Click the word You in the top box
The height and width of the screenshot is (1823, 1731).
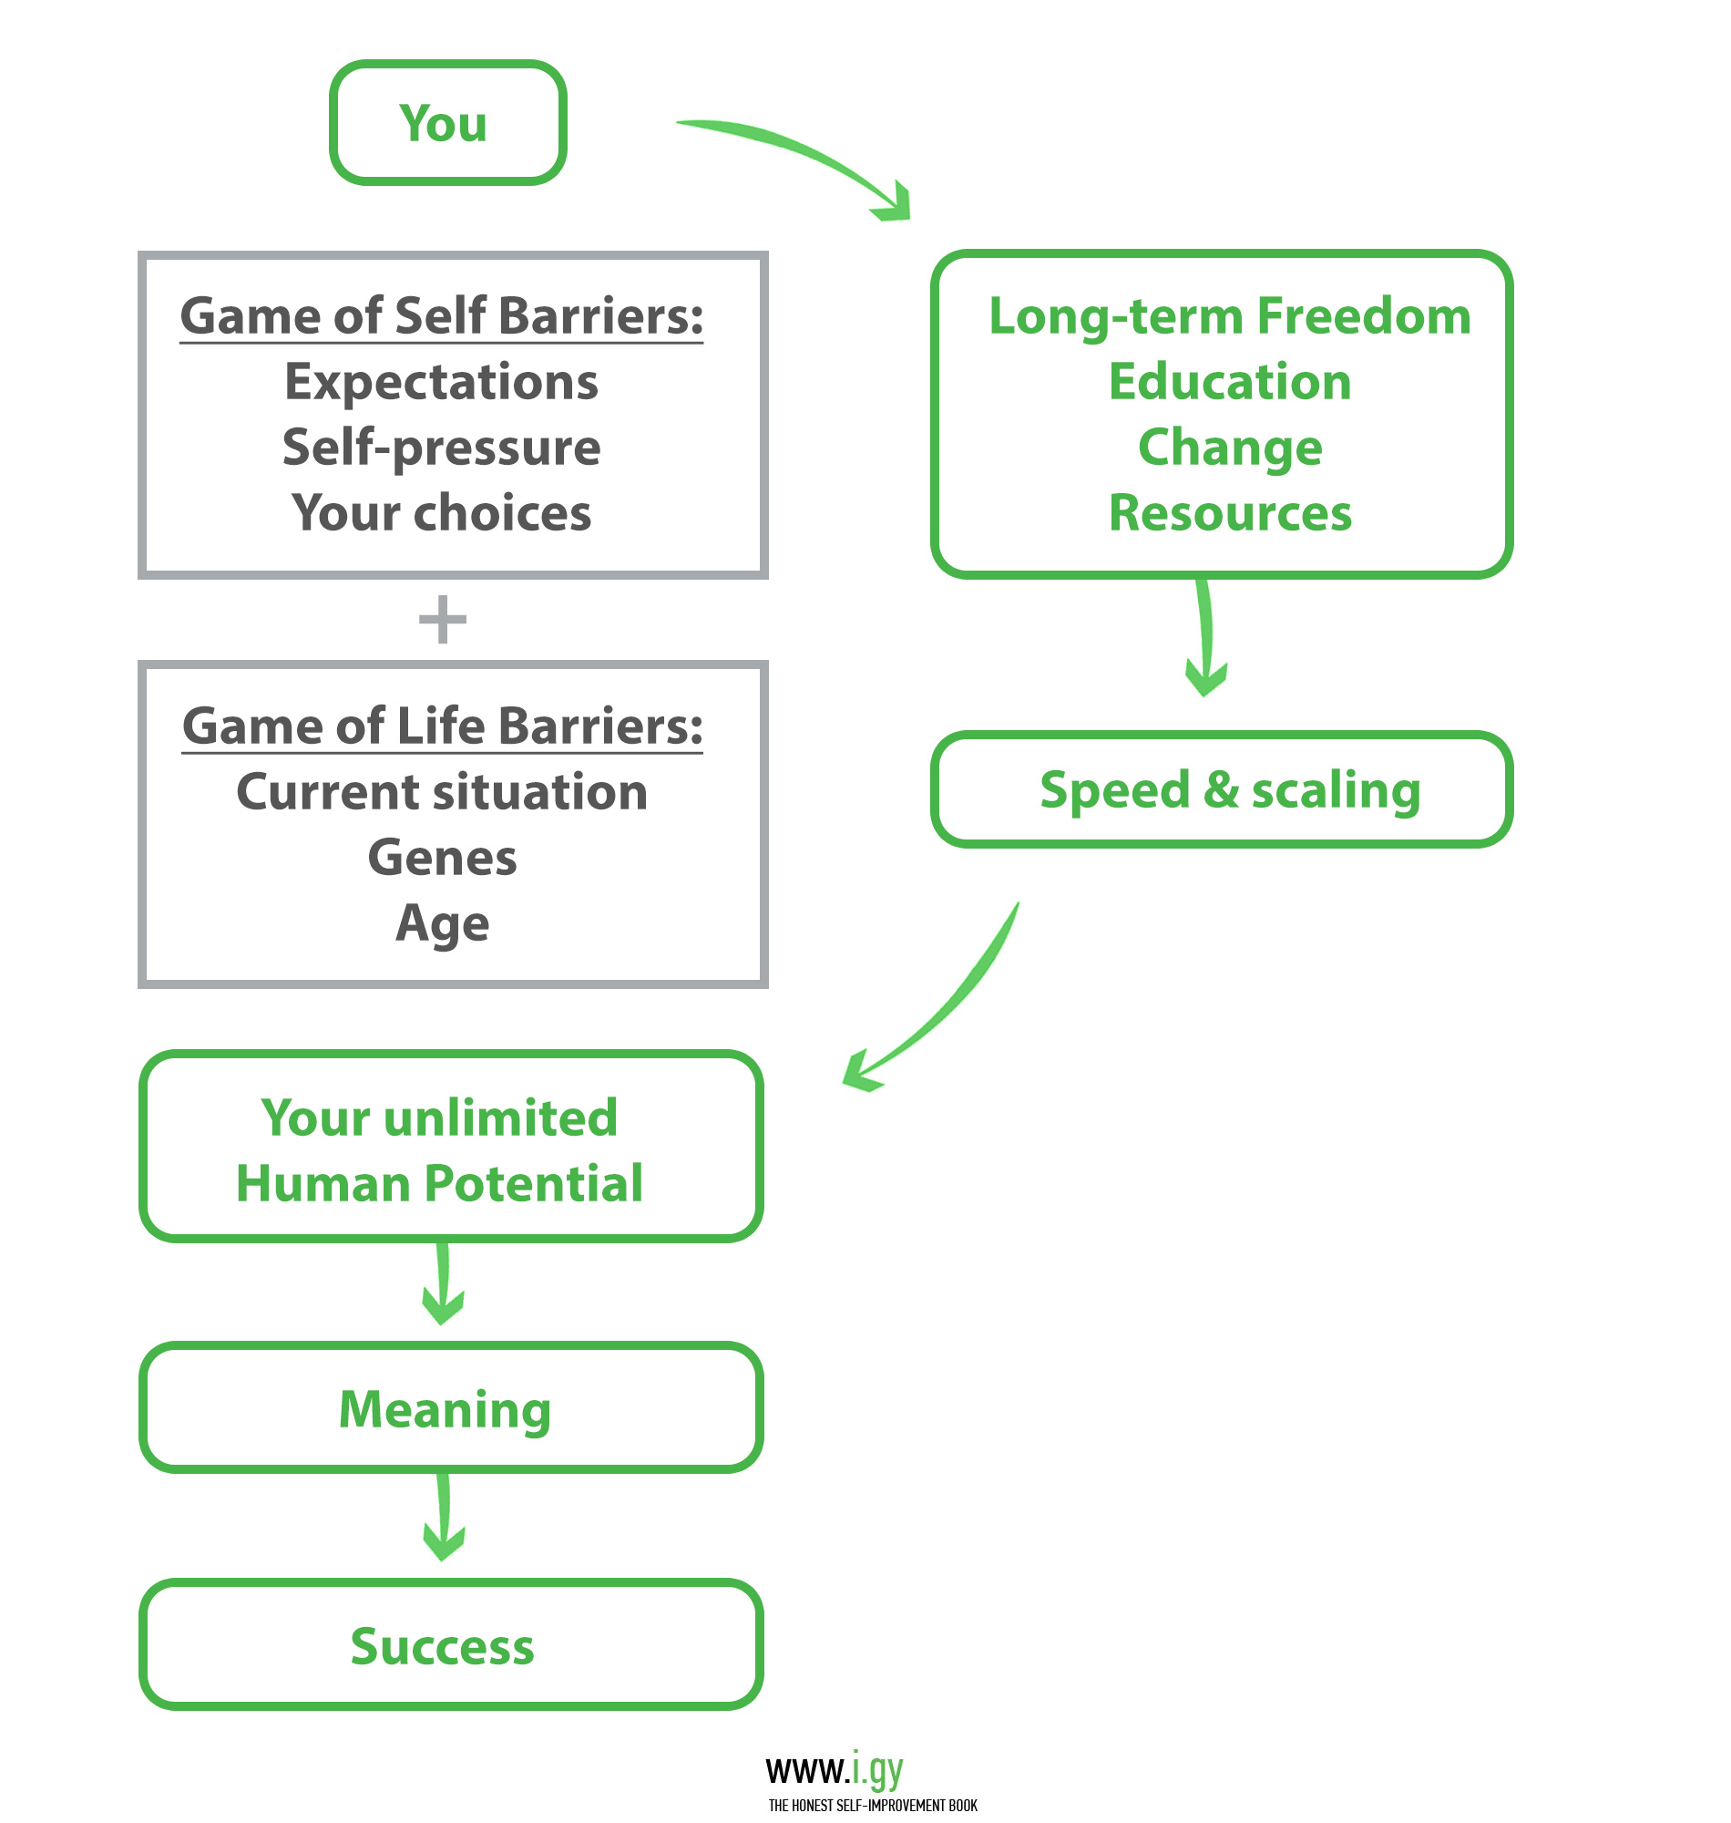coord(443,124)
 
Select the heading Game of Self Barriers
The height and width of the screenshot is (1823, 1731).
coord(442,316)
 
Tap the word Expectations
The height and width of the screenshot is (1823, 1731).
coord(442,383)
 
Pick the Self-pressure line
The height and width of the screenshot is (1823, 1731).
coord(442,448)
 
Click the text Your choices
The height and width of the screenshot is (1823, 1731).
coord(442,513)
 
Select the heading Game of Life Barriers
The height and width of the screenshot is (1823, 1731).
coord(443,726)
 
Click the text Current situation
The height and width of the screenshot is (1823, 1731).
coord(443,792)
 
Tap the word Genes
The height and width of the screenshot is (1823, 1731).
coord(443,859)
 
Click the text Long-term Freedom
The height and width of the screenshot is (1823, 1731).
coord(1231,316)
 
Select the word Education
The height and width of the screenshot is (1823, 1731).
coord(1231,383)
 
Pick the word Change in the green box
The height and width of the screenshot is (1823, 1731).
coord(1231,448)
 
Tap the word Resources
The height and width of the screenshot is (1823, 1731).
coord(1231,513)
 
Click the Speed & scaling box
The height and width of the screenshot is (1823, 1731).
coord(1223,790)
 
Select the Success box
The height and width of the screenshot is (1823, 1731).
coord(452,1646)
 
